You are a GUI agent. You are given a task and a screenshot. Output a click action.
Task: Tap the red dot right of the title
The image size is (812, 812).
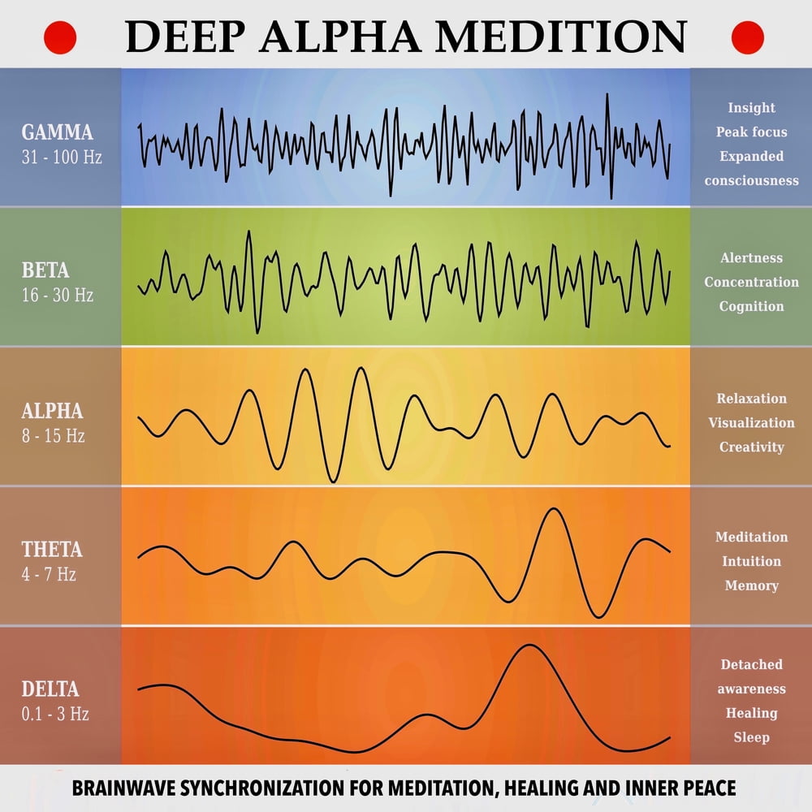748,37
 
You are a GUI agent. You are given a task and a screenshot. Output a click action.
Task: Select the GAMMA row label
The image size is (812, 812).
57,132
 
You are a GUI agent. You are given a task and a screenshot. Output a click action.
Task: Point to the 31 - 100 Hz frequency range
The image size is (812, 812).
62,157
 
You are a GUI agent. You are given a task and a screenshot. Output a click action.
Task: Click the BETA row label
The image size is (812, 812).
45,270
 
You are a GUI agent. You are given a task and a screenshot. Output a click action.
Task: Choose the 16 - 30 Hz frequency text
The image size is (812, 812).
58,295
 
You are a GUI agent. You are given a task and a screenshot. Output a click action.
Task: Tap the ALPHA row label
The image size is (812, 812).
52,411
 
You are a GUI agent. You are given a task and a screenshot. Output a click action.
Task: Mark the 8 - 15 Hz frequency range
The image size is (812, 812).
53,435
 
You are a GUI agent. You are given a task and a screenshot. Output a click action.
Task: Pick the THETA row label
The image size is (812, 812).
52,550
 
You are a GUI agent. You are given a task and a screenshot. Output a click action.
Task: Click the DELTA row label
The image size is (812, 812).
50,689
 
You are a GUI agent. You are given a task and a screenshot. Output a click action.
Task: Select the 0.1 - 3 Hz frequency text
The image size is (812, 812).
55,715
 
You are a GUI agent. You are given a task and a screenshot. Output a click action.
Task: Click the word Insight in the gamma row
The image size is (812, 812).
751,108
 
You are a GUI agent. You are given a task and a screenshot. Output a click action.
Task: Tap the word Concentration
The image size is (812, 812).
751,282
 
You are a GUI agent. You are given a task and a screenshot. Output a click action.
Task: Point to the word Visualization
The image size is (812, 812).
751,422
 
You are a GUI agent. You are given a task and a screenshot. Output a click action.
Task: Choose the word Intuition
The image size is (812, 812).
751,561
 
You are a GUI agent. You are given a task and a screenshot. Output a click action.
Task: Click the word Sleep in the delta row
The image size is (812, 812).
751,737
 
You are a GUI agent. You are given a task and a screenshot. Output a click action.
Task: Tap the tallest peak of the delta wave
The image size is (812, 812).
529,646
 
